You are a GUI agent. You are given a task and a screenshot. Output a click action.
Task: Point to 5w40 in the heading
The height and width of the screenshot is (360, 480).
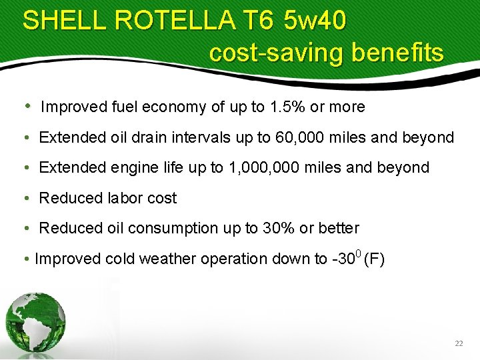315,21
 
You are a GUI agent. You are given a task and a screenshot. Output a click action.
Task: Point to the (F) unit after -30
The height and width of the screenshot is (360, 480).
374,259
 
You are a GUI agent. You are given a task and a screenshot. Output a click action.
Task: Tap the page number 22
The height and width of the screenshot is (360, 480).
459,343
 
